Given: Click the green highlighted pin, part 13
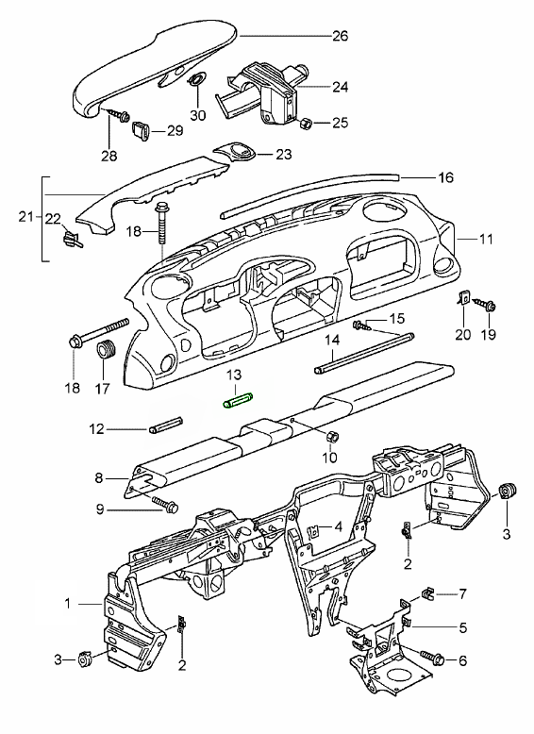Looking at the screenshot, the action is (238, 402).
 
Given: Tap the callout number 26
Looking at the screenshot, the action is (341, 36).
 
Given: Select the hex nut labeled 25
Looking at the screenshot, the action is (305, 124).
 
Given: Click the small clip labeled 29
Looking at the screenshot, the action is (141, 130).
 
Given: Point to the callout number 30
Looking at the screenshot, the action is (198, 115).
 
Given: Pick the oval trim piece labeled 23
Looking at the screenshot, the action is (236, 152).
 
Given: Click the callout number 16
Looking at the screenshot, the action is (445, 177).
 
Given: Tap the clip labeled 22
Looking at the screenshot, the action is (71, 237).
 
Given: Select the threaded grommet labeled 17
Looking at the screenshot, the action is (106, 350).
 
